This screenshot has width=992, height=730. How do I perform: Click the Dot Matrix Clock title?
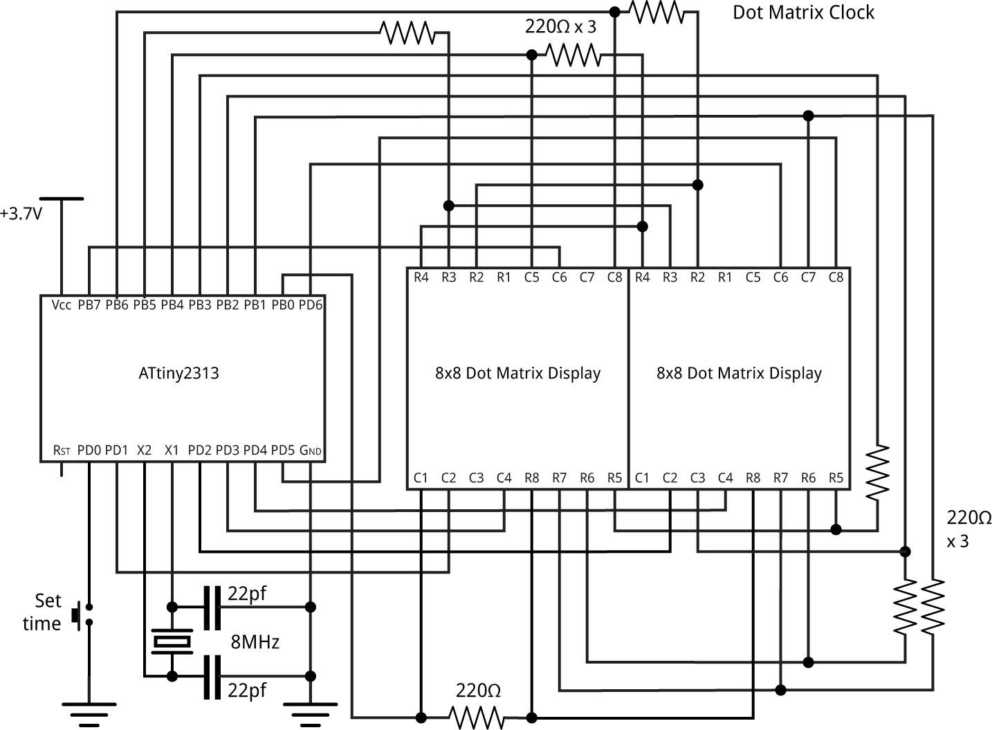tap(803, 13)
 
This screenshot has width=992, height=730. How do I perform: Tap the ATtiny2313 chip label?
tap(178, 374)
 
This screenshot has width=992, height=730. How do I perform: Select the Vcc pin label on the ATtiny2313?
tap(62, 305)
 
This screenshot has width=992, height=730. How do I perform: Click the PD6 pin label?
tap(311, 305)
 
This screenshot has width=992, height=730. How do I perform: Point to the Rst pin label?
tap(62, 450)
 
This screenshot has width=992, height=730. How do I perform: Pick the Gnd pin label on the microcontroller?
tap(311, 450)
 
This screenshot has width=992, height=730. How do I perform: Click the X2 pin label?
tap(144, 450)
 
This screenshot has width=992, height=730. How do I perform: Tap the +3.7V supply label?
tap(21, 214)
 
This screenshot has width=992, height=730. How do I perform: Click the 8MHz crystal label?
tap(255, 642)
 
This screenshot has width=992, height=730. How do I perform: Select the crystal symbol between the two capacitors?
tap(172, 642)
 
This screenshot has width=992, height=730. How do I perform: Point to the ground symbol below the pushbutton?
tap(89, 713)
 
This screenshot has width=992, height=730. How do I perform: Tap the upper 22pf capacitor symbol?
tap(212, 608)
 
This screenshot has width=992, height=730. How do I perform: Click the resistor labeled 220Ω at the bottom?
tap(476, 717)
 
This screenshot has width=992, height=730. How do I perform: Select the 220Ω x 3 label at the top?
tap(560, 28)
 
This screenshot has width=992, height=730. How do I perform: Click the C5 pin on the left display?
tap(531, 277)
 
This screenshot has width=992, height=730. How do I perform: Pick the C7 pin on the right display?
tap(808, 277)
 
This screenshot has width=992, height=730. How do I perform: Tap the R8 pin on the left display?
tap(531, 477)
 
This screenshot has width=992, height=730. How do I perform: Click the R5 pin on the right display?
tap(836, 477)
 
